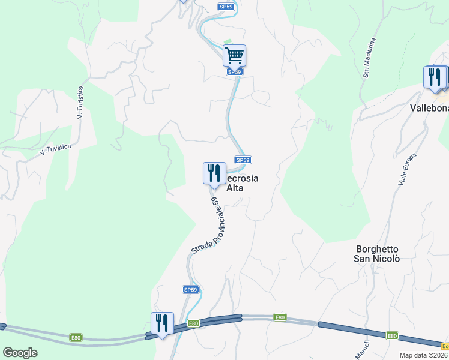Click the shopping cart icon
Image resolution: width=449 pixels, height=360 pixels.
(x=234, y=55)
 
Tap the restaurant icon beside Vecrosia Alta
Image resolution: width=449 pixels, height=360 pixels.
(x=214, y=173)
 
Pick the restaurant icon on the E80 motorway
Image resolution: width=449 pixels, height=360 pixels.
(x=162, y=323)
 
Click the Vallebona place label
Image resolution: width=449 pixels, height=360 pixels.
(x=429, y=108)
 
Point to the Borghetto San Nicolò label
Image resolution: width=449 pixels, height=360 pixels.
(x=376, y=254)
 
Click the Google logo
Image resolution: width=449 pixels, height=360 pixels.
(x=20, y=353)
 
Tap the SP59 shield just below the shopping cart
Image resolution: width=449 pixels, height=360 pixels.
(x=235, y=72)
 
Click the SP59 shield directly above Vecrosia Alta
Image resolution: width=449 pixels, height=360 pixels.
(x=243, y=160)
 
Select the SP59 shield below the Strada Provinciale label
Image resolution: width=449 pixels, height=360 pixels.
(x=190, y=290)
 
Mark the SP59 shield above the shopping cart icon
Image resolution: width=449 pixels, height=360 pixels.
(x=226, y=7)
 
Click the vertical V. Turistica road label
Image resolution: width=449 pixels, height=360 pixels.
(x=80, y=102)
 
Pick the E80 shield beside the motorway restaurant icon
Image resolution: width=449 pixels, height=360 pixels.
(x=193, y=323)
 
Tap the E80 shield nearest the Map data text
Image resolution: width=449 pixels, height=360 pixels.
(x=392, y=336)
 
